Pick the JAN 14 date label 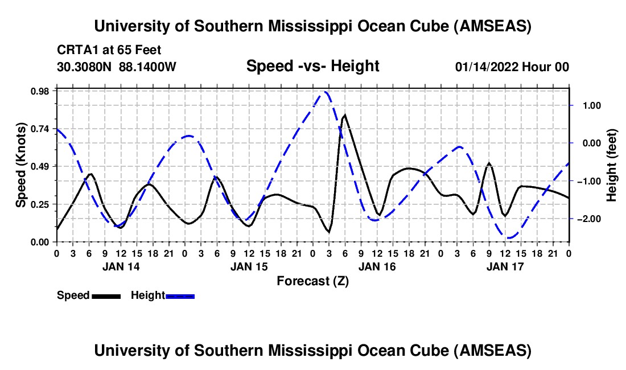tap(121, 266)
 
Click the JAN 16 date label tap(377, 266)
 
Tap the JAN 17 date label tap(505, 266)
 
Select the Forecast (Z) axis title tap(312, 281)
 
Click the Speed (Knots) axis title tap(20, 165)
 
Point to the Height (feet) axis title tap(612, 165)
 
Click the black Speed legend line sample tap(106, 295)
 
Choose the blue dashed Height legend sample tap(180, 295)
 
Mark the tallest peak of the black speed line tap(345, 115)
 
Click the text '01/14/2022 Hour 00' tap(512, 67)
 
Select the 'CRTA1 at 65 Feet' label tap(101, 50)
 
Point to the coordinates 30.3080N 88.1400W tap(117, 67)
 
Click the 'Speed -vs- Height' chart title tap(312, 66)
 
